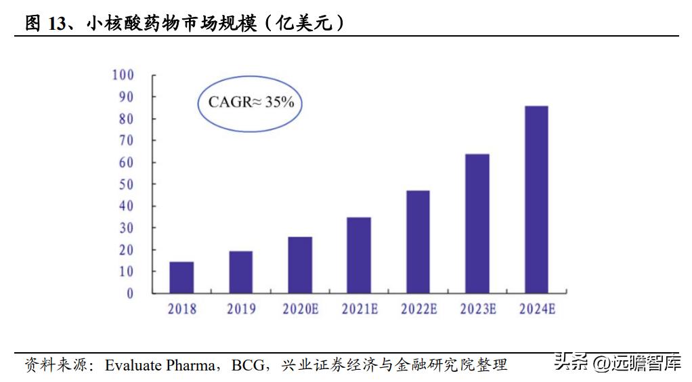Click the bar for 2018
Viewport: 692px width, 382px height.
(181, 277)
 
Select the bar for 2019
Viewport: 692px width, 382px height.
(240, 272)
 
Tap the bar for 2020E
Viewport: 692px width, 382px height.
(300, 265)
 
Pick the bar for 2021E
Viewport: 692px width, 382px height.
(359, 255)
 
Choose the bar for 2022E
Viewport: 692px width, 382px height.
(418, 242)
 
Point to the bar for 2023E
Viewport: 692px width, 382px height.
(477, 224)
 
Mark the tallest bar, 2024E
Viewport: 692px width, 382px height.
(536, 200)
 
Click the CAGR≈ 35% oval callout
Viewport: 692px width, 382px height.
(251, 102)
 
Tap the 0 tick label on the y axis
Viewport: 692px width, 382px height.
(130, 293)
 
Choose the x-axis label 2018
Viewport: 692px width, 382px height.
(181, 309)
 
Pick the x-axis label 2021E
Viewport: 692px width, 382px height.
(359, 309)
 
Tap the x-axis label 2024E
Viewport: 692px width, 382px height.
(537, 309)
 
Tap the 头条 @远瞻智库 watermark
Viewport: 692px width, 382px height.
(617, 364)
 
